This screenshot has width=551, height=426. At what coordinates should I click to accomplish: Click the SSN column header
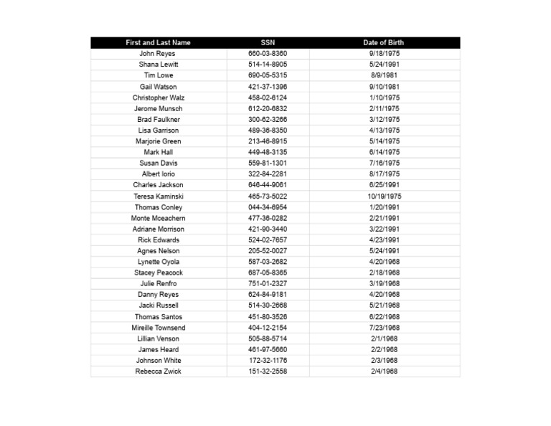pyautogui.click(x=268, y=43)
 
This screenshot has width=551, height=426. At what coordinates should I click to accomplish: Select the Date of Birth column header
pyautogui.click(x=384, y=43)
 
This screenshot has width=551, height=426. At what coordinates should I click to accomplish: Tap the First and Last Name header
pyautogui.click(x=158, y=43)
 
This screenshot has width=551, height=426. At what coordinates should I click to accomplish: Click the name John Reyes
pyautogui.click(x=157, y=54)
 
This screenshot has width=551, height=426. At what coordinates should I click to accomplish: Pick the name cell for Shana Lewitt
pyautogui.click(x=159, y=65)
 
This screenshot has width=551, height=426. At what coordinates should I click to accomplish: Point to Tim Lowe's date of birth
pyautogui.click(x=385, y=75)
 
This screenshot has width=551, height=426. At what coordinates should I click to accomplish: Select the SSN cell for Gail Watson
pyautogui.click(x=268, y=87)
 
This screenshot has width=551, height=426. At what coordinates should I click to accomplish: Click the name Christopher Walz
pyautogui.click(x=159, y=98)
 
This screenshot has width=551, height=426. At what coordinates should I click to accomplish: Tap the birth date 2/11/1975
pyautogui.click(x=385, y=108)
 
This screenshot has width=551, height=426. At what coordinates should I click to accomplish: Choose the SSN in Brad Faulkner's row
pyautogui.click(x=268, y=119)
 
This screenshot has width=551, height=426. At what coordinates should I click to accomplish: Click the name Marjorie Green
pyautogui.click(x=159, y=141)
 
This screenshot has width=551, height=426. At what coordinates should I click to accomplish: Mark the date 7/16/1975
pyautogui.click(x=385, y=163)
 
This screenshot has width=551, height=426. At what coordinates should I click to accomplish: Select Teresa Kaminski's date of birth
pyautogui.click(x=385, y=196)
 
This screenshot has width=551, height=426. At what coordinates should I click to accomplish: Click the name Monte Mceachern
pyautogui.click(x=159, y=218)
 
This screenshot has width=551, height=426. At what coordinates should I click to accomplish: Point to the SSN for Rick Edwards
pyautogui.click(x=268, y=240)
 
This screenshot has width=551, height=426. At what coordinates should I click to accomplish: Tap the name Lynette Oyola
pyautogui.click(x=159, y=262)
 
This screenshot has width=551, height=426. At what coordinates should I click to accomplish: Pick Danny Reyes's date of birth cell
pyautogui.click(x=385, y=294)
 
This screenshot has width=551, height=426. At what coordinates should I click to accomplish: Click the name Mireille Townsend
pyautogui.click(x=159, y=328)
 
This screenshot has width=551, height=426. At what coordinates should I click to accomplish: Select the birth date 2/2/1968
pyautogui.click(x=385, y=349)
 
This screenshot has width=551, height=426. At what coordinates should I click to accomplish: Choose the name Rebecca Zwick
pyautogui.click(x=159, y=371)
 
